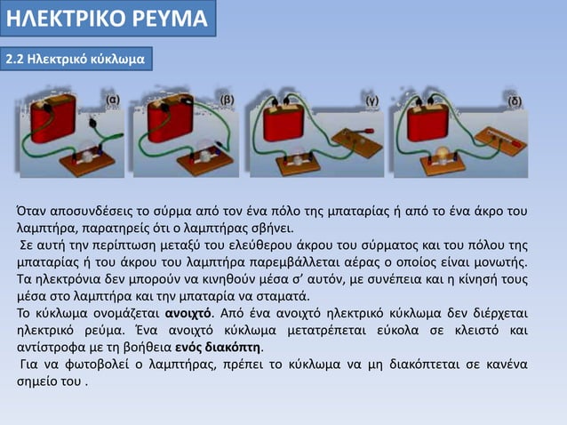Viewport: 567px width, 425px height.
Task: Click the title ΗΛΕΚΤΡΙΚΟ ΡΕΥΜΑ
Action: tap(106, 19)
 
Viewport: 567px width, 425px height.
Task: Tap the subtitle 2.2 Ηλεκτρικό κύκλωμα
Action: tap(77, 59)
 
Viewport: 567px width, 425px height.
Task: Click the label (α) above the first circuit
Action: tap(114, 99)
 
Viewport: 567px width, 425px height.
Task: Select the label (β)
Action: tap(228, 99)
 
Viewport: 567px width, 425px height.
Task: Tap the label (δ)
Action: tap(515, 100)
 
